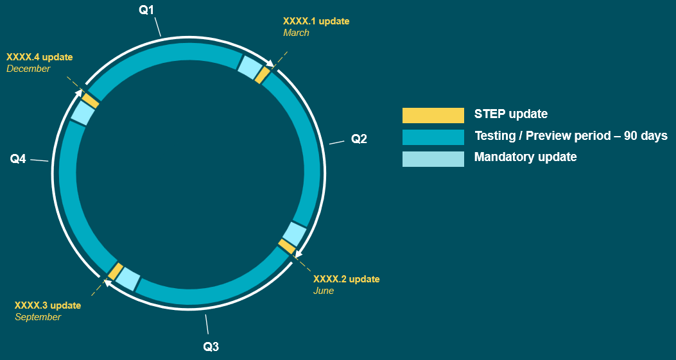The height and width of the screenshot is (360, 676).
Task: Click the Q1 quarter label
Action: pyautogui.click(x=146, y=10)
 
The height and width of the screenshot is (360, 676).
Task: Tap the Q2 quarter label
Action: pyautogui.click(x=359, y=139)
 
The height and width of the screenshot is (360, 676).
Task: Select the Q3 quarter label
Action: pyautogui.click(x=211, y=347)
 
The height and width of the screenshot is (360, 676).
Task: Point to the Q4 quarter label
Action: pyautogui.click(x=18, y=159)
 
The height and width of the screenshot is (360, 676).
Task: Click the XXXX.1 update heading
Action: pyautogui.click(x=316, y=21)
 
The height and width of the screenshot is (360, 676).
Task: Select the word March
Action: pyautogui.click(x=296, y=33)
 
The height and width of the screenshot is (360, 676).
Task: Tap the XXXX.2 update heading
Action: pyautogui.click(x=346, y=279)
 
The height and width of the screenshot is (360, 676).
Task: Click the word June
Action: pyautogui.click(x=324, y=291)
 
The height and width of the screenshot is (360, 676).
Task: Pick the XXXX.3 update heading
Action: pyautogui.click(x=48, y=305)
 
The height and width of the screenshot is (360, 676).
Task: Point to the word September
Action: pyautogui.click(x=38, y=317)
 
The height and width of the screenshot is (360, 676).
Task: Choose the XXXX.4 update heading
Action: pyautogui.click(x=40, y=57)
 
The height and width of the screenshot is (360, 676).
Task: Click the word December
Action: pyautogui.click(x=28, y=69)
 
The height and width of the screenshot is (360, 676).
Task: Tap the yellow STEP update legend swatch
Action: pyautogui.click(x=433, y=115)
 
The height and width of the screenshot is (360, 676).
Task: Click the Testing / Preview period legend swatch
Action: pyautogui.click(x=433, y=137)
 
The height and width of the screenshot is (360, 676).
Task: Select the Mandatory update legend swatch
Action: pyautogui.click(x=433, y=159)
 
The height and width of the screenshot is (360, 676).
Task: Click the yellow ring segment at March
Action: pyautogui.click(x=263, y=75)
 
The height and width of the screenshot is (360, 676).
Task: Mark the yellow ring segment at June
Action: pyautogui.click(x=287, y=246)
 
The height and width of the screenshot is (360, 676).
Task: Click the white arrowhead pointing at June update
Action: pyautogui.click(x=298, y=253)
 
